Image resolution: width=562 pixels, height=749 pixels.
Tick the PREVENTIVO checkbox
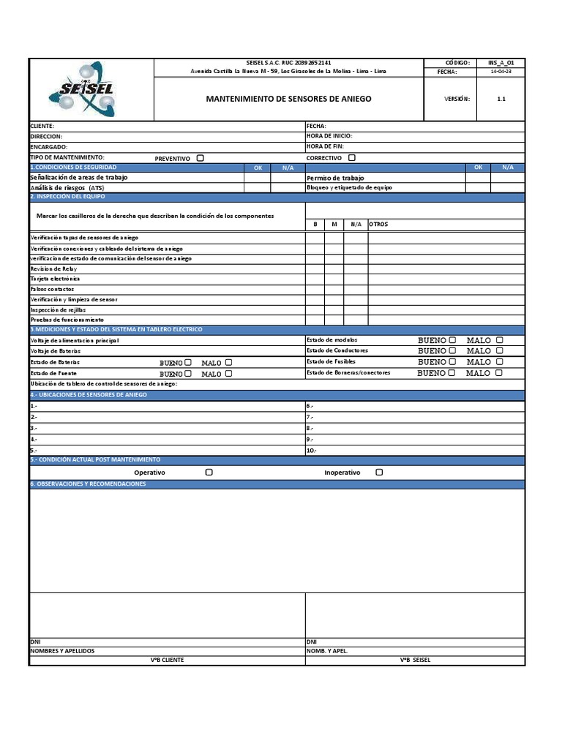[x=201, y=158]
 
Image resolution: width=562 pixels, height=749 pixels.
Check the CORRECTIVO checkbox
[x=352, y=157]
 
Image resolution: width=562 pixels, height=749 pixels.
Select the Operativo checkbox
[x=209, y=473]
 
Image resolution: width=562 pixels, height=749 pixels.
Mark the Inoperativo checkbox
[x=379, y=473]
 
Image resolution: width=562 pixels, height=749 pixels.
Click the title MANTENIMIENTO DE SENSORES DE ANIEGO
[x=288, y=99]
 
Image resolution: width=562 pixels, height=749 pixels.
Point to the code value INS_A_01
[x=501, y=63]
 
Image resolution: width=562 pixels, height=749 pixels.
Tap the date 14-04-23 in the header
[x=501, y=72]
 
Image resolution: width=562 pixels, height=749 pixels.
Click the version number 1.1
[x=501, y=99]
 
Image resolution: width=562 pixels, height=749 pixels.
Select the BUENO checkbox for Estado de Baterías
[x=189, y=362]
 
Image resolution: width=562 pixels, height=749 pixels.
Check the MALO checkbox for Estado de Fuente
[x=229, y=373]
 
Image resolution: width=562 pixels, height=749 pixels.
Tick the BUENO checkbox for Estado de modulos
[x=452, y=340]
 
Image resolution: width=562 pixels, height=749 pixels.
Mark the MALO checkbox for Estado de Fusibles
[x=499, y=361]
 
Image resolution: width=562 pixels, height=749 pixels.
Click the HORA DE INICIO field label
[x=329, y=136]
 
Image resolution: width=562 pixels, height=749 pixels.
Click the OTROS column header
[x=378, y=224]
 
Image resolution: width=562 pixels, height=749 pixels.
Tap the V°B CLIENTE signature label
[x=167, y=660]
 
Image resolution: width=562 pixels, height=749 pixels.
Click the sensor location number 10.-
[x=311, y=450]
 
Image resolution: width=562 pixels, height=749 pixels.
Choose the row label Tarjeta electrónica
[x=55, y=279]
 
